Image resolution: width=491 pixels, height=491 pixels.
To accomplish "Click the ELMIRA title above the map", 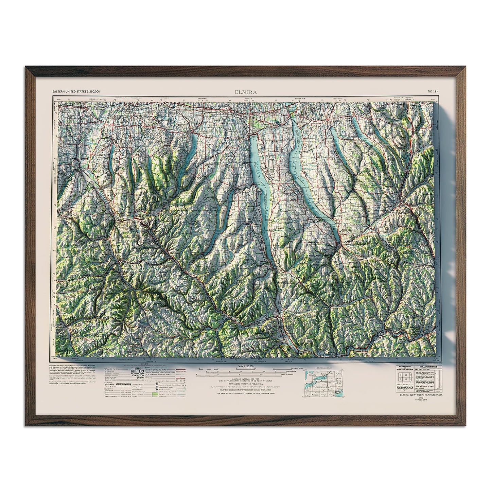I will coord(245,92).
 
